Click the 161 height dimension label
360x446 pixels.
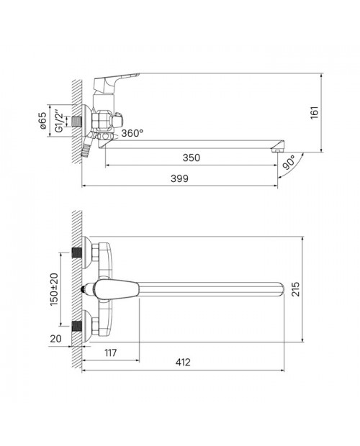[x=314, y=113]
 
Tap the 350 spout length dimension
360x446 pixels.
[x=192, y=158]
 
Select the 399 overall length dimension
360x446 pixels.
[x=179, y=178]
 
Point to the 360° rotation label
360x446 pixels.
[x=132, y=133]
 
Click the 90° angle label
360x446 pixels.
[x=289, y=163]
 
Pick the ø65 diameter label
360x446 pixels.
[x=42, y=121]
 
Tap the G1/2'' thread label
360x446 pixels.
[x=58, y=121]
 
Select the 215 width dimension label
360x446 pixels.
[x=295, y=289]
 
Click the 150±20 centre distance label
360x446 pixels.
[x=54, y=289]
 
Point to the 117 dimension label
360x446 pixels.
[x=110, y=352]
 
